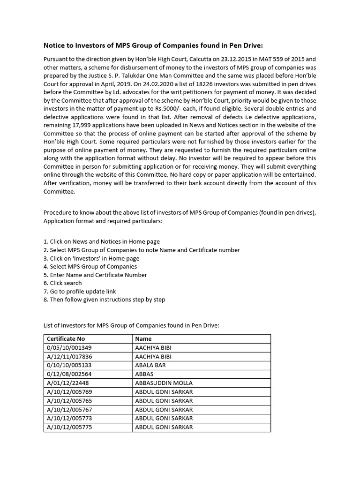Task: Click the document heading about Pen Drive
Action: pyautogui.click(x=153, y=45)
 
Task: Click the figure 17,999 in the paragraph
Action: pyautogui.click(x=85, y=125)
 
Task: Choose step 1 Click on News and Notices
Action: pyautogui.click(x=102, y=241)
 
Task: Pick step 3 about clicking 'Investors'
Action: pyautogui.click(x=91, y=258)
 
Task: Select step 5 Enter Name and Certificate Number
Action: pyautogui.click(x=95, y=275)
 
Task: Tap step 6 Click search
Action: pyautogui.click(x=63, y=283)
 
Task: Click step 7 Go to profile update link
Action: pyautogui.click(x=80, y=291)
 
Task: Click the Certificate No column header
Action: pyautogui.click(x=66, y=338)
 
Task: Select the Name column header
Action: pyautogui.click(x=143, y=338)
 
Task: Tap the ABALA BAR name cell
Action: pyautogui.click(x=150, y=365)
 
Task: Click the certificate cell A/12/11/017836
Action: pyautogui.click(x=69, y=356)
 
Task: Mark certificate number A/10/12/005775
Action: pyautogui.click(x=69, y=427)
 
